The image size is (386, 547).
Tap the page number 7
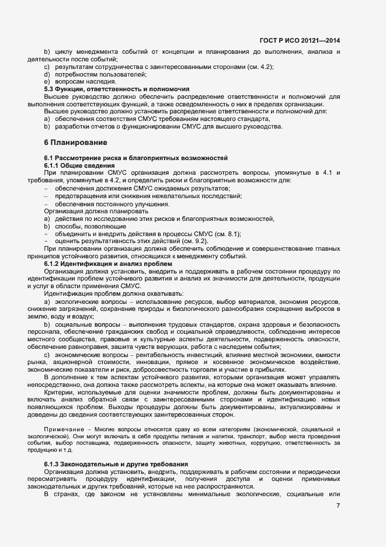[x=338, y=504]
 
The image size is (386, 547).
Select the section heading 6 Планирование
[x=76, y=143]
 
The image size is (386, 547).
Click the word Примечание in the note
[x=62, y=429]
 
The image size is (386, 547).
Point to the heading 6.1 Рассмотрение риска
[x=135, y=158]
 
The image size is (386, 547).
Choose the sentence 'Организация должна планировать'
[x=93, y=211]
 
